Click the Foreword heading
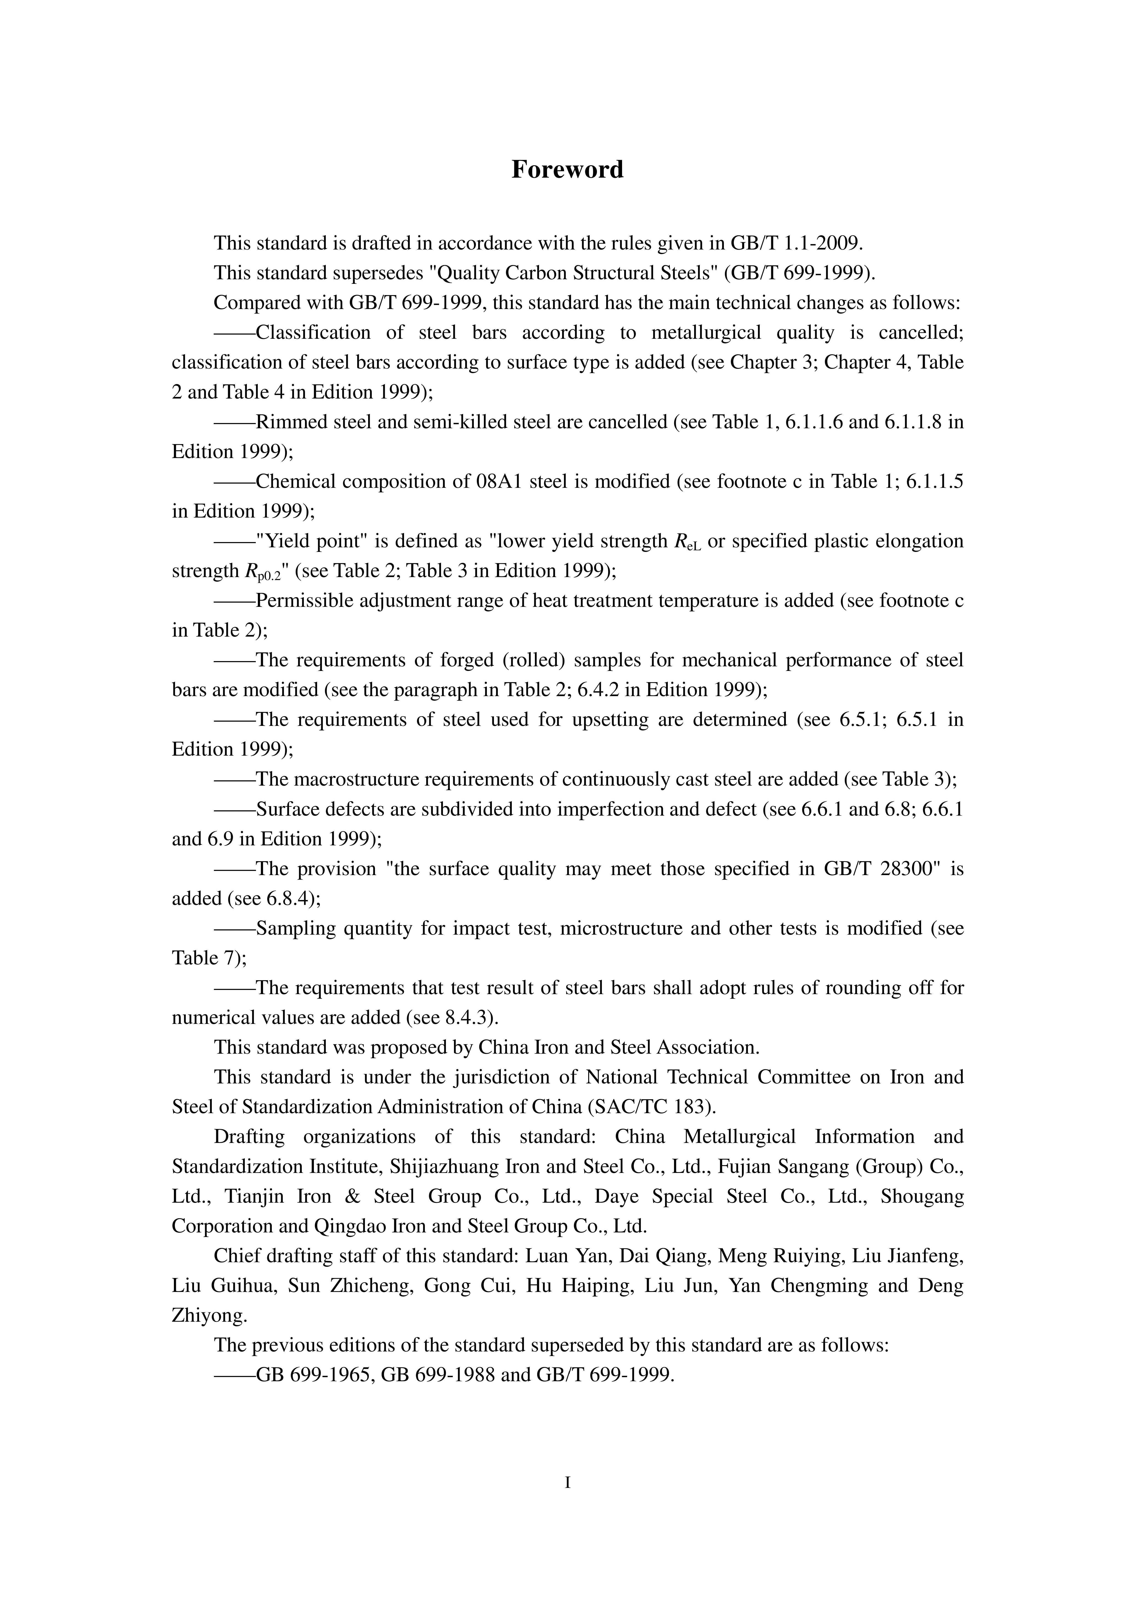567,169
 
